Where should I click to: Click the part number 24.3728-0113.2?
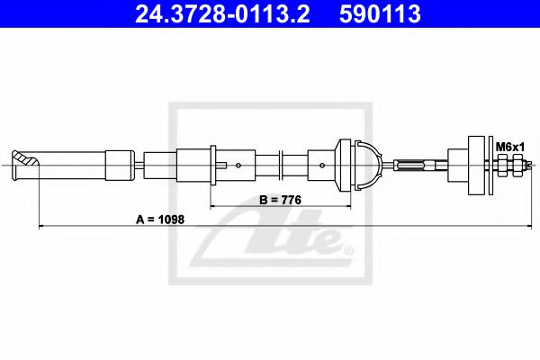click(x=228, y=13)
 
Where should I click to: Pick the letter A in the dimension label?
click(x=139, y=217)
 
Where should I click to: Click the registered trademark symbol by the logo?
click(x=348, y=248)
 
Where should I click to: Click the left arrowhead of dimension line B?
click(x=213, y=206)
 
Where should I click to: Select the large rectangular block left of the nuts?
click(x=477, y=164)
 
